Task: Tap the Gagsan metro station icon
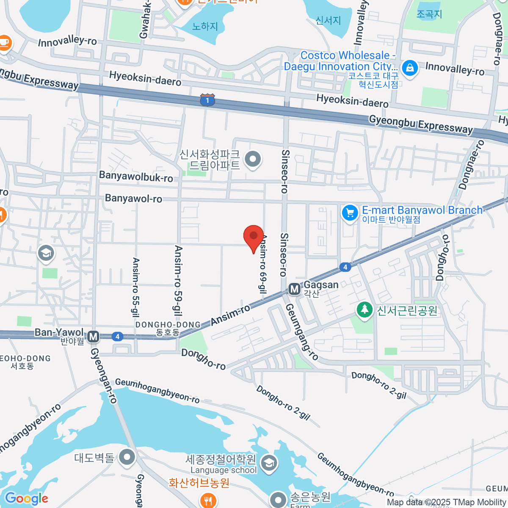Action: (294, 290)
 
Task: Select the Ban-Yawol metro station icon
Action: (94, 337)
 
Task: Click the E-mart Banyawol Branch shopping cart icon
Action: (350, 213)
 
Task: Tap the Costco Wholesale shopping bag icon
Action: (409, 68)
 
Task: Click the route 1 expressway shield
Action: (207, 100)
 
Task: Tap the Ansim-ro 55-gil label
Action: (136, 287)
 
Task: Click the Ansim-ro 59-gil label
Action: (178, 281)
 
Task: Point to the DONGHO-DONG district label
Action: (168, 325)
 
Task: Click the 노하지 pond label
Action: (205, 26)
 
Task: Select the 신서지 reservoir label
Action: (328, 20)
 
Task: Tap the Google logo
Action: (26, 498)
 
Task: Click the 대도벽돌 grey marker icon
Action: (127, 457)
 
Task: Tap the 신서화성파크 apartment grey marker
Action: (253, 160)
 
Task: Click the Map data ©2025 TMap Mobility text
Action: (447, 502)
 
